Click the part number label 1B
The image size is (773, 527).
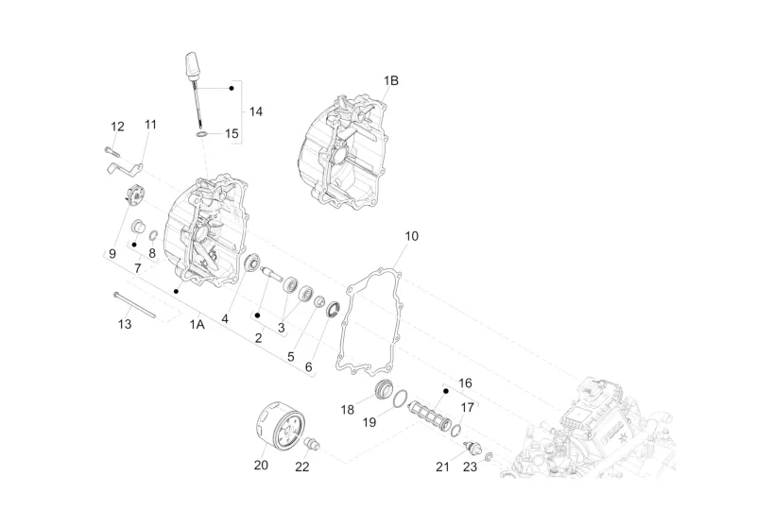pos(391,80)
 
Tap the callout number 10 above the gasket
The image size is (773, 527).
pos(411,236)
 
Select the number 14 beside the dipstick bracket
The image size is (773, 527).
pos(255,111)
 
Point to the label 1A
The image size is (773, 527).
pos(197,324)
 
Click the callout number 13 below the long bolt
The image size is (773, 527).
pos(125,324)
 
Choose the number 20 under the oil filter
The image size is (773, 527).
pos(261,465)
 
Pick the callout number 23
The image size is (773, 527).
pos(470,467)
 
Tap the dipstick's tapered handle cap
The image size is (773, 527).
pos(193,64)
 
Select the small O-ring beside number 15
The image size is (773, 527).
pos(201,134)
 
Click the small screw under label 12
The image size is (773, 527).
pos(112,152)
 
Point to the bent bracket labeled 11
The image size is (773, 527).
pos(125,167)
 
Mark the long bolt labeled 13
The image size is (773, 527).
pos(134,304)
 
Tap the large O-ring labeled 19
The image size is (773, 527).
pos(400,398)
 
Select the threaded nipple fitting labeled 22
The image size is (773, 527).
pos(312,443)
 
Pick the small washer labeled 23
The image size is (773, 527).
pos(488,456)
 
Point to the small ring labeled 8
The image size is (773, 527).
pos(153,235)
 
